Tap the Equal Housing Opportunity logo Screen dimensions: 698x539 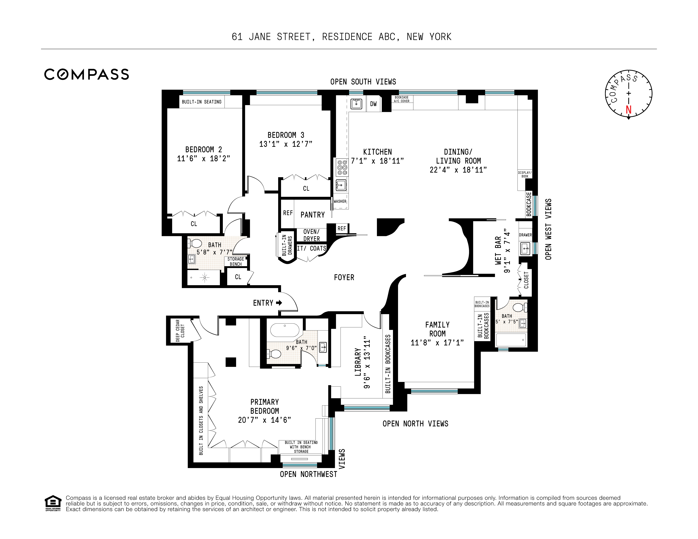[x=53, y=503]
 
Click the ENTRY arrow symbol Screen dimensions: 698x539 [x=279, y=303]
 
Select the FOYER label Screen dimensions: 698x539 [x=344, y=278]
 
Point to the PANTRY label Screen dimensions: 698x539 [x=313, y=215]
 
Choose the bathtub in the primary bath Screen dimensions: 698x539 [x=285, y=330]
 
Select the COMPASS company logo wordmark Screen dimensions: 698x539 [x=87, y=74]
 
